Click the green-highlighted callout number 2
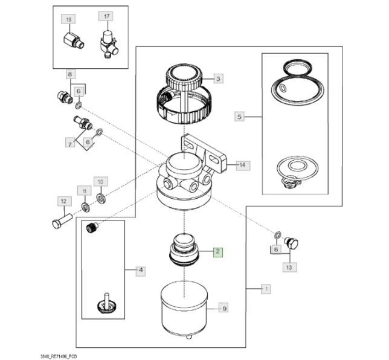[218, 252]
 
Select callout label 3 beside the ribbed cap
[218, 79]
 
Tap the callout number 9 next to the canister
[224, 309]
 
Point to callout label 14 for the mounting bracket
[242, 166]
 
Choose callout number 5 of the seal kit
[239, 117]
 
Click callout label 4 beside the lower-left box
[141, 270]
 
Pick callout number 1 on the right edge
[266, 289]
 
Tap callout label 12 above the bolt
[64, 201]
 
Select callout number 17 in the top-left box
[106, 16]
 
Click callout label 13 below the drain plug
[289, 268]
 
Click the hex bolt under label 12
[62, 221]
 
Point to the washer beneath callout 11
[86, 207]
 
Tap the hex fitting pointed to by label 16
[74, 41]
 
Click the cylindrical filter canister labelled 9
[184, 307]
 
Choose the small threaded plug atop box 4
[92, 228]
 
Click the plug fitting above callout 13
[291, 243]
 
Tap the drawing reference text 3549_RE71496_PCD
[59, 356]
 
